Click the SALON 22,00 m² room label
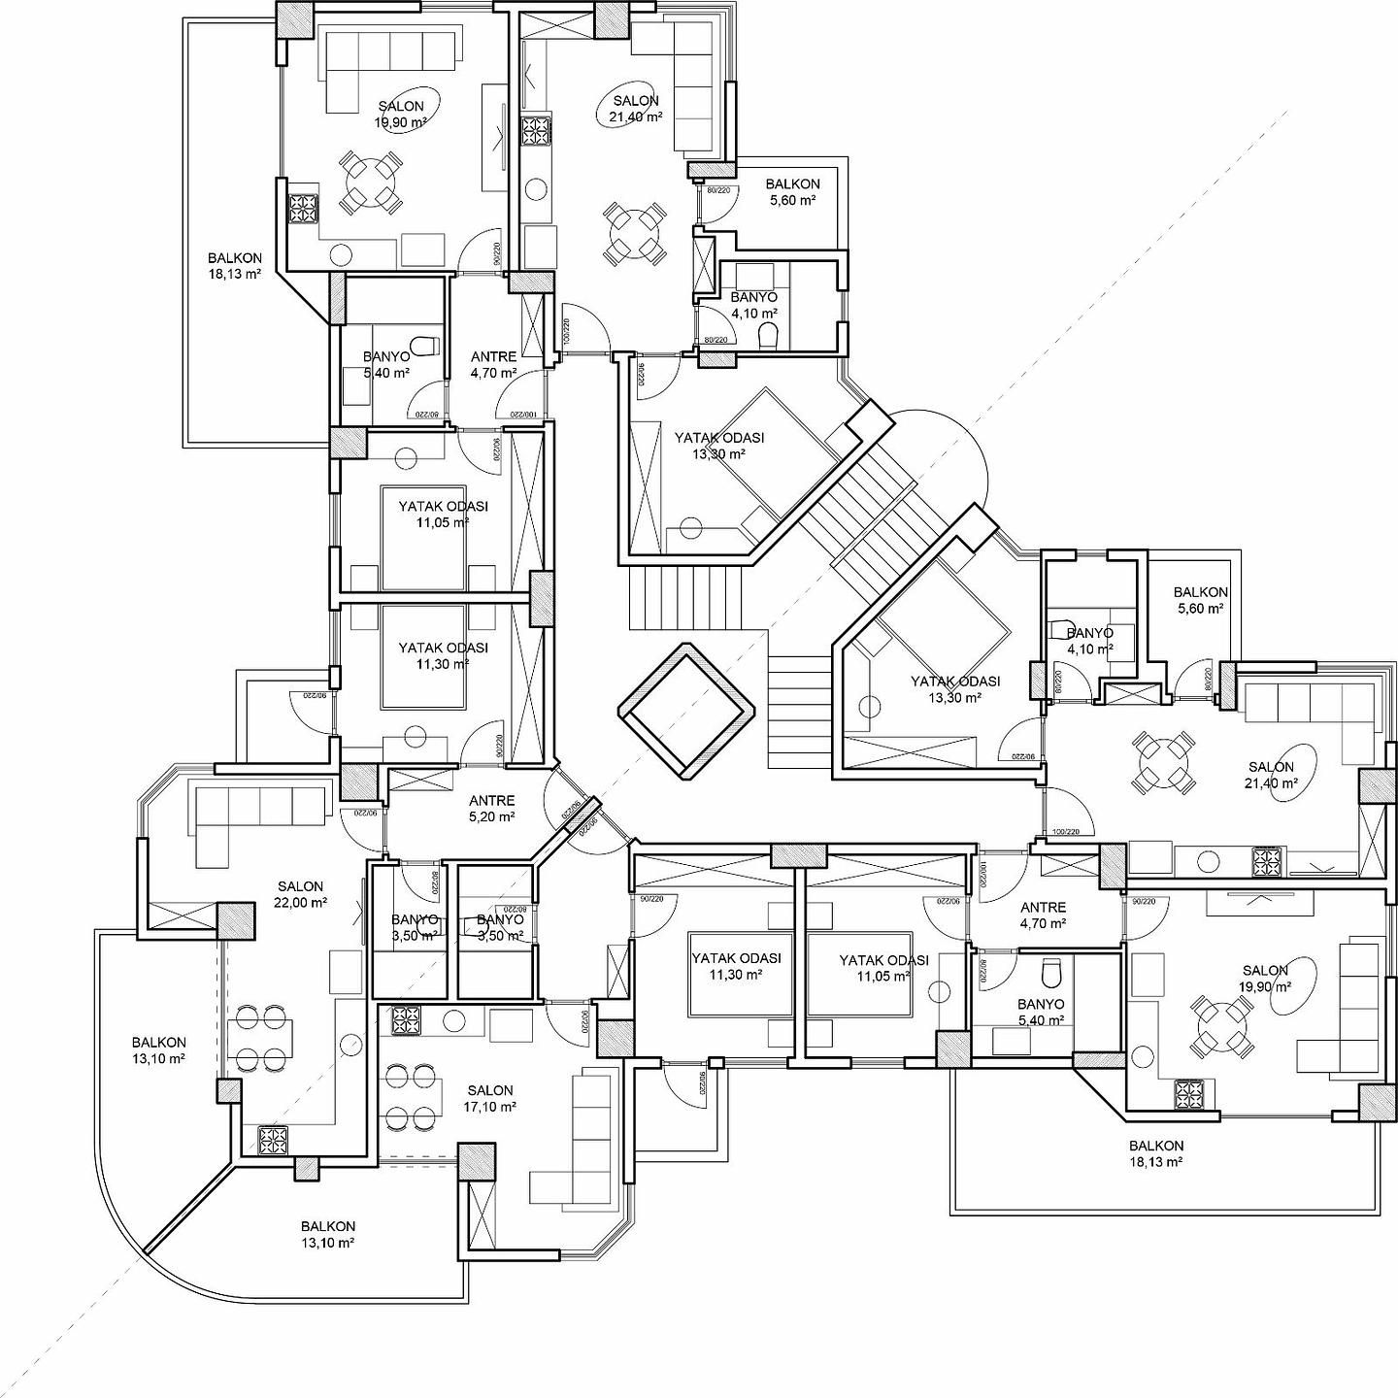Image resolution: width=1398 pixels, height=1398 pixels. coord(300,894)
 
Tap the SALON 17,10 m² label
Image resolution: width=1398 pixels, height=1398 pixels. coord(489,1098)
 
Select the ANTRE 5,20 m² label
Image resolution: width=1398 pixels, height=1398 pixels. coord(491,809)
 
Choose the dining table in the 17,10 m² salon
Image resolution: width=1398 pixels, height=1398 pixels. coord(409,1098)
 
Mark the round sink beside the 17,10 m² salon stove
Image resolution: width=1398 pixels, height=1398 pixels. coord(453,1020)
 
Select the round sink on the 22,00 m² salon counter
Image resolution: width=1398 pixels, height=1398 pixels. coord(350,1042)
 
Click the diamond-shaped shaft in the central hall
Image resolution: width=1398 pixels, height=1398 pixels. coord(687,710)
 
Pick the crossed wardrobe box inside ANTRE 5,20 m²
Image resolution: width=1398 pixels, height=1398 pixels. coord(420,779)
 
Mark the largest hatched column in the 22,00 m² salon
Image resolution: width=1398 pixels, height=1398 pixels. coord(236,918)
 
